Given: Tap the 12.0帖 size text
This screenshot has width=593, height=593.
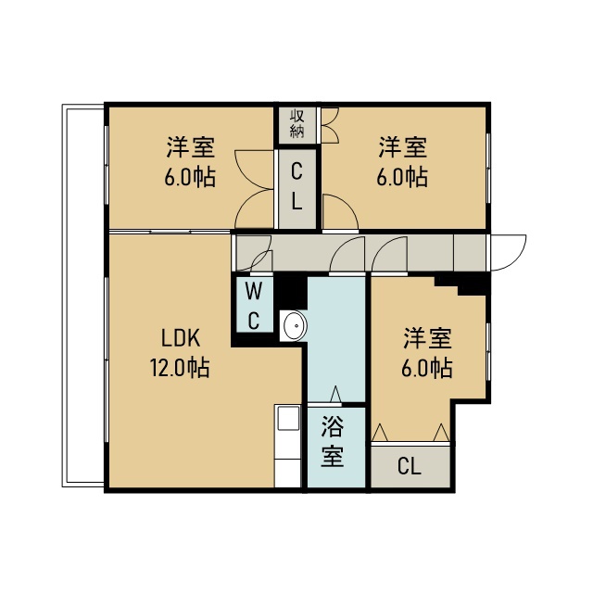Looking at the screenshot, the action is point(180,367).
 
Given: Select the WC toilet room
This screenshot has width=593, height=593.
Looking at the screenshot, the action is point(254,305).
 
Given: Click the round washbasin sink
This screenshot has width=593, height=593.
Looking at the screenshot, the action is point(295,325).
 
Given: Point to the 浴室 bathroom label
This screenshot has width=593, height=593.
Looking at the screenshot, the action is point(333,441).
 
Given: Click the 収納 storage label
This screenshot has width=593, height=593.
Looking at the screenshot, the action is point(297,123).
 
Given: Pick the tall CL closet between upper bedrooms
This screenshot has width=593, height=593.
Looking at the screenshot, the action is point(297,189).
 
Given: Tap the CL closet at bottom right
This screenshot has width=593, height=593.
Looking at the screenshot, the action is point(410,467).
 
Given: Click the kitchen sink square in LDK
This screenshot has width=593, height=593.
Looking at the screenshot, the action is point(288,418).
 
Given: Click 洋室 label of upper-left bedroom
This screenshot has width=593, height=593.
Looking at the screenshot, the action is point(191,147).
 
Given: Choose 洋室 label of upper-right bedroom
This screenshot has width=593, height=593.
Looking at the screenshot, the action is point(403,147).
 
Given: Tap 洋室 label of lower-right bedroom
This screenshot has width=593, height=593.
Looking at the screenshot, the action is point(428,338).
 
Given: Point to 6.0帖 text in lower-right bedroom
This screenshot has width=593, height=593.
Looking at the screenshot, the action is point(427,368).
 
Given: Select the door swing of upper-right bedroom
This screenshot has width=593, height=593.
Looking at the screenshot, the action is point(340,211).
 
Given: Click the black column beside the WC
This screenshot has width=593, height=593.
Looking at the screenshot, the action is point(290,293).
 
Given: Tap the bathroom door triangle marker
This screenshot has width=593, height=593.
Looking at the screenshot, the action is point(335,394).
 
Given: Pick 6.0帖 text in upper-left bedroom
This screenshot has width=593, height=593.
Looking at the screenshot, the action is point(190,177).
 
